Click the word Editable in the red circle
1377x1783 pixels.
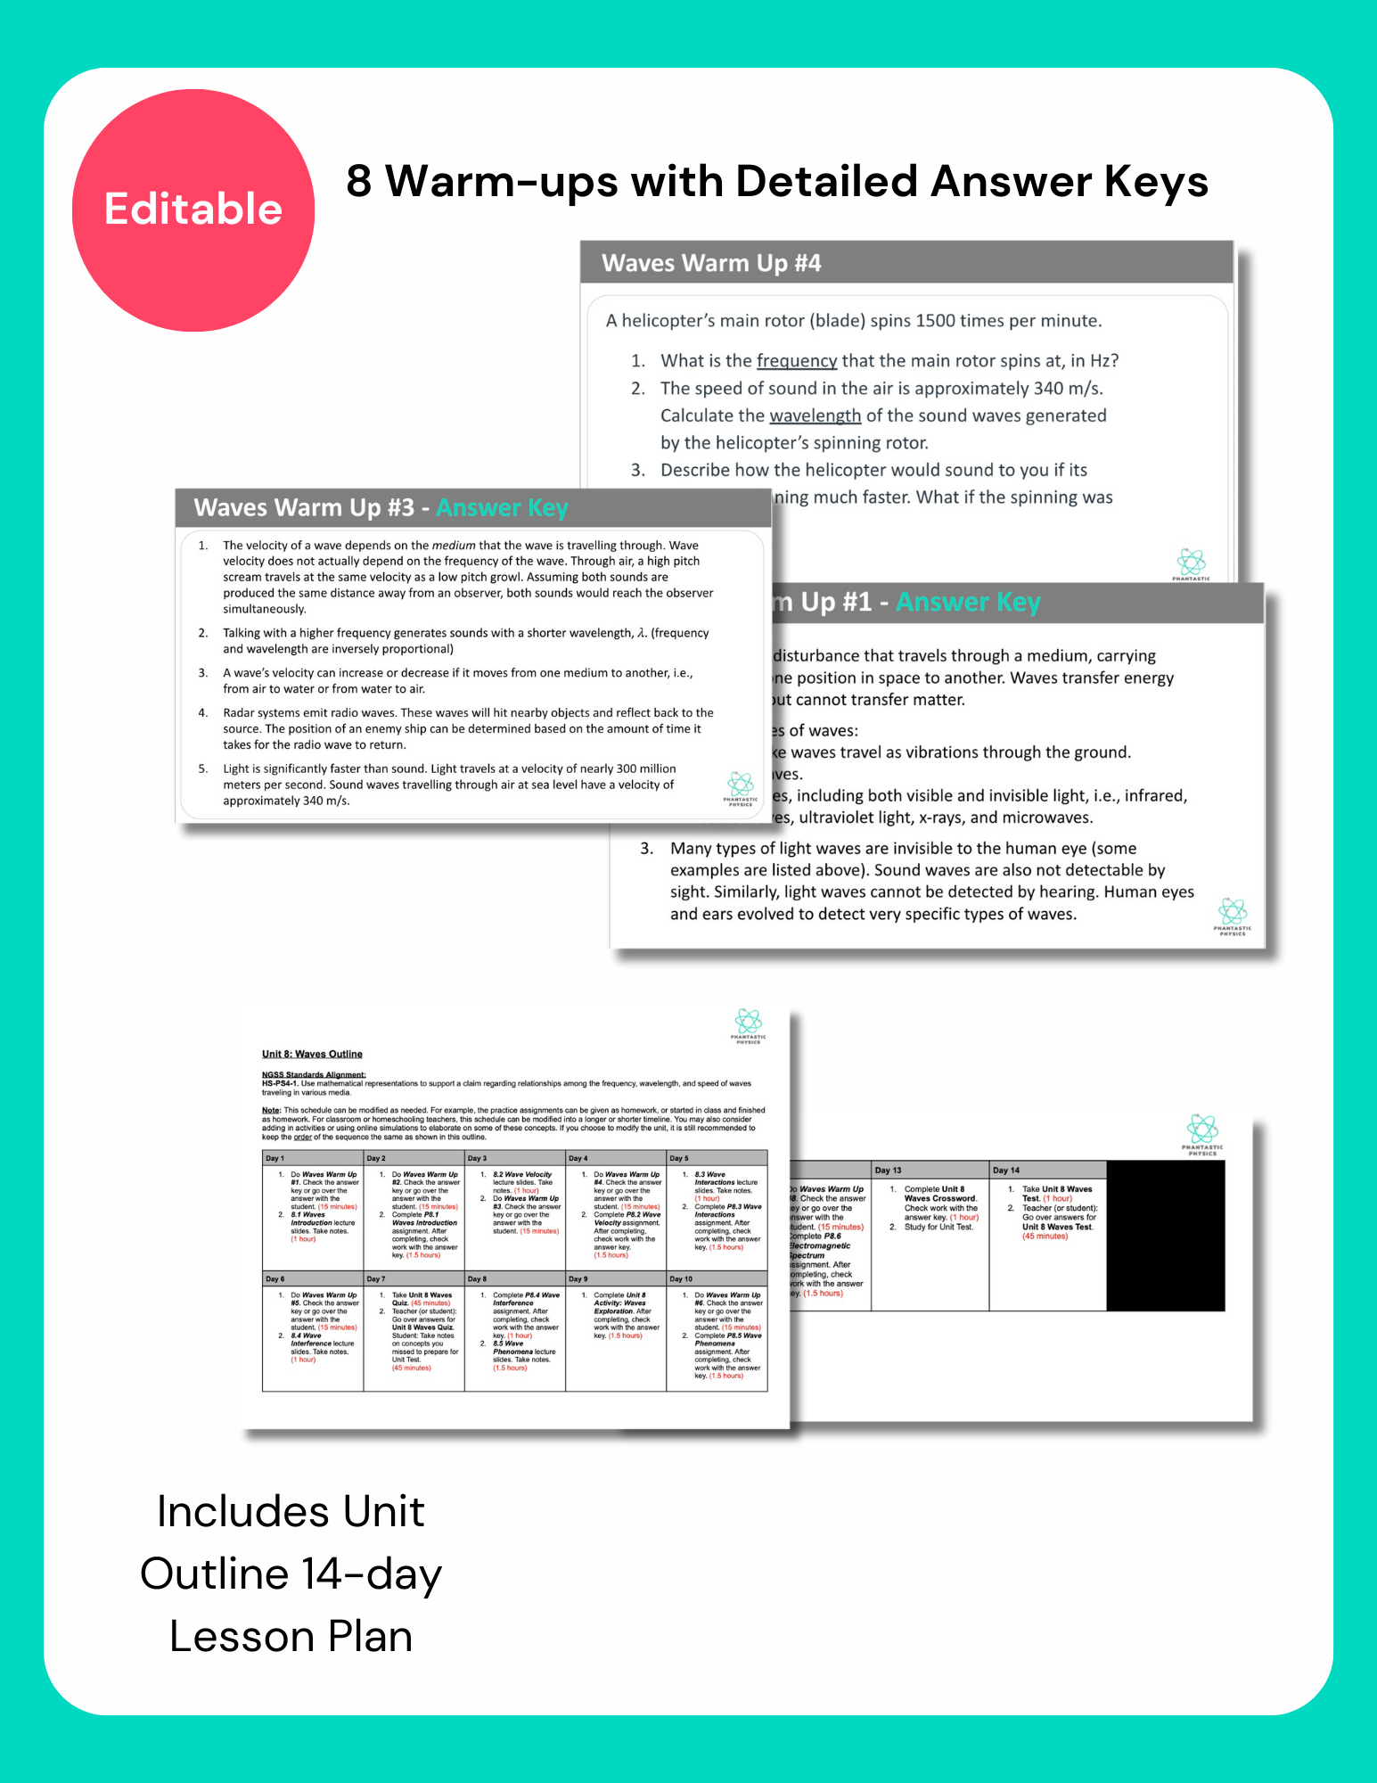193,210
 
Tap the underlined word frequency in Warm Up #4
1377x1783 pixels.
796,361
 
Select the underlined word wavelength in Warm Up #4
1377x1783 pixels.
815,416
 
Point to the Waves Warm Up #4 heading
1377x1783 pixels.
710,263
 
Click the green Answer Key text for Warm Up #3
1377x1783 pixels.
502,508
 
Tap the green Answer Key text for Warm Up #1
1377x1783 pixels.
968,603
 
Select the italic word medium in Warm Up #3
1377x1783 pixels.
454,546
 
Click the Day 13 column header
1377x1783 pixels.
888,1170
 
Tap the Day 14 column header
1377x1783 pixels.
1006,1170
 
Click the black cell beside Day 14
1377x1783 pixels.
1165,1236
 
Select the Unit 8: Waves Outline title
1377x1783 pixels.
312,1054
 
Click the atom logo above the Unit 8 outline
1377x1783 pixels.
748,1022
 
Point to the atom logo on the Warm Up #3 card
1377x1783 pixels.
740,785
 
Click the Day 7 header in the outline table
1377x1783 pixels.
376,1278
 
